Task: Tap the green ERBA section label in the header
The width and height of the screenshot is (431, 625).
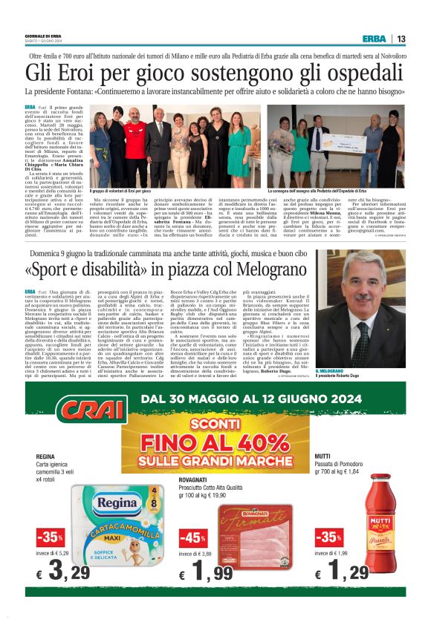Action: click(x=374, y=39)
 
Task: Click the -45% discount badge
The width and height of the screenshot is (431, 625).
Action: click(x=194, y=537)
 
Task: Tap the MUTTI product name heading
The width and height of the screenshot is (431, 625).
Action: click(x=323, y=456)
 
